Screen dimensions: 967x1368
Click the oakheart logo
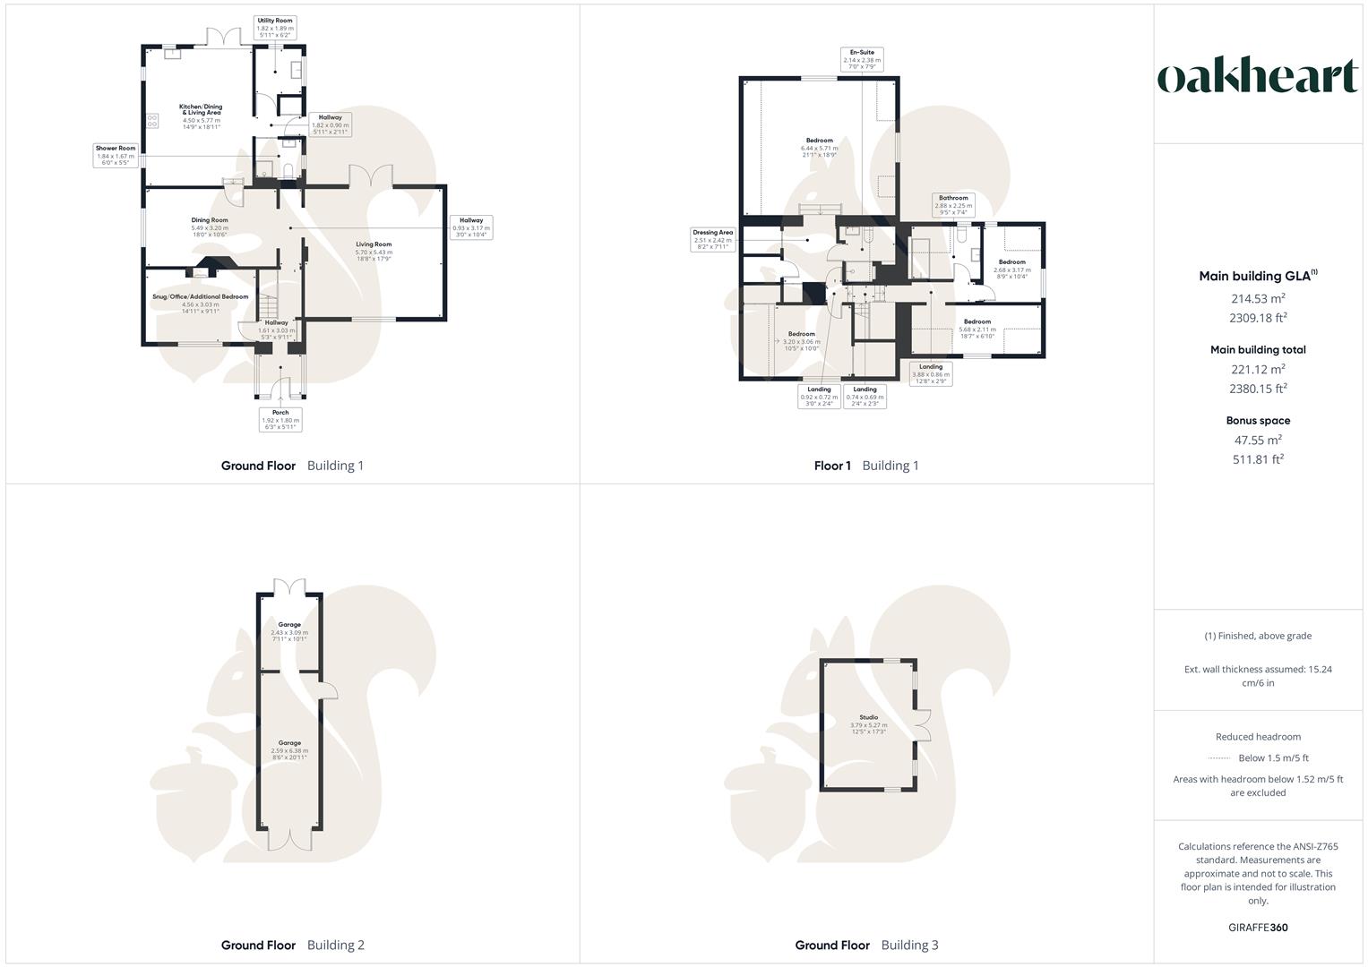click(1258, 77)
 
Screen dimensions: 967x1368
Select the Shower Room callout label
click(116, 156)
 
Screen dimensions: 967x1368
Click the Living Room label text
click(374, 248)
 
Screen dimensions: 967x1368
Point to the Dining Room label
click(210, 224)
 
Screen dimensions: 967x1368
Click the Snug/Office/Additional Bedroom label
click(201, 300)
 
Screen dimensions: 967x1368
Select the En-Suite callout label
click(862, 59)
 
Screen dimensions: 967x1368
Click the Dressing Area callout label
click(713, 239)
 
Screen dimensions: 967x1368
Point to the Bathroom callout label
click(953, 205)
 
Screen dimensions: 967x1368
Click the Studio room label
click(869, 721)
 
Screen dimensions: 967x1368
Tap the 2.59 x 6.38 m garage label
click(289, 749)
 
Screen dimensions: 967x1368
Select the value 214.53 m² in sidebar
click(1258, 299)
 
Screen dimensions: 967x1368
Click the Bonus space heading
click(1258, 420)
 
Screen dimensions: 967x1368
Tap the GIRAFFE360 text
click(1258, 928)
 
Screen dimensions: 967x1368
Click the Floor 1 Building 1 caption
click(865, 466)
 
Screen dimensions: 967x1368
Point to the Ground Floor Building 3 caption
click(866, 945)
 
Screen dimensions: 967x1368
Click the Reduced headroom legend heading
click(1258, 737)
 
